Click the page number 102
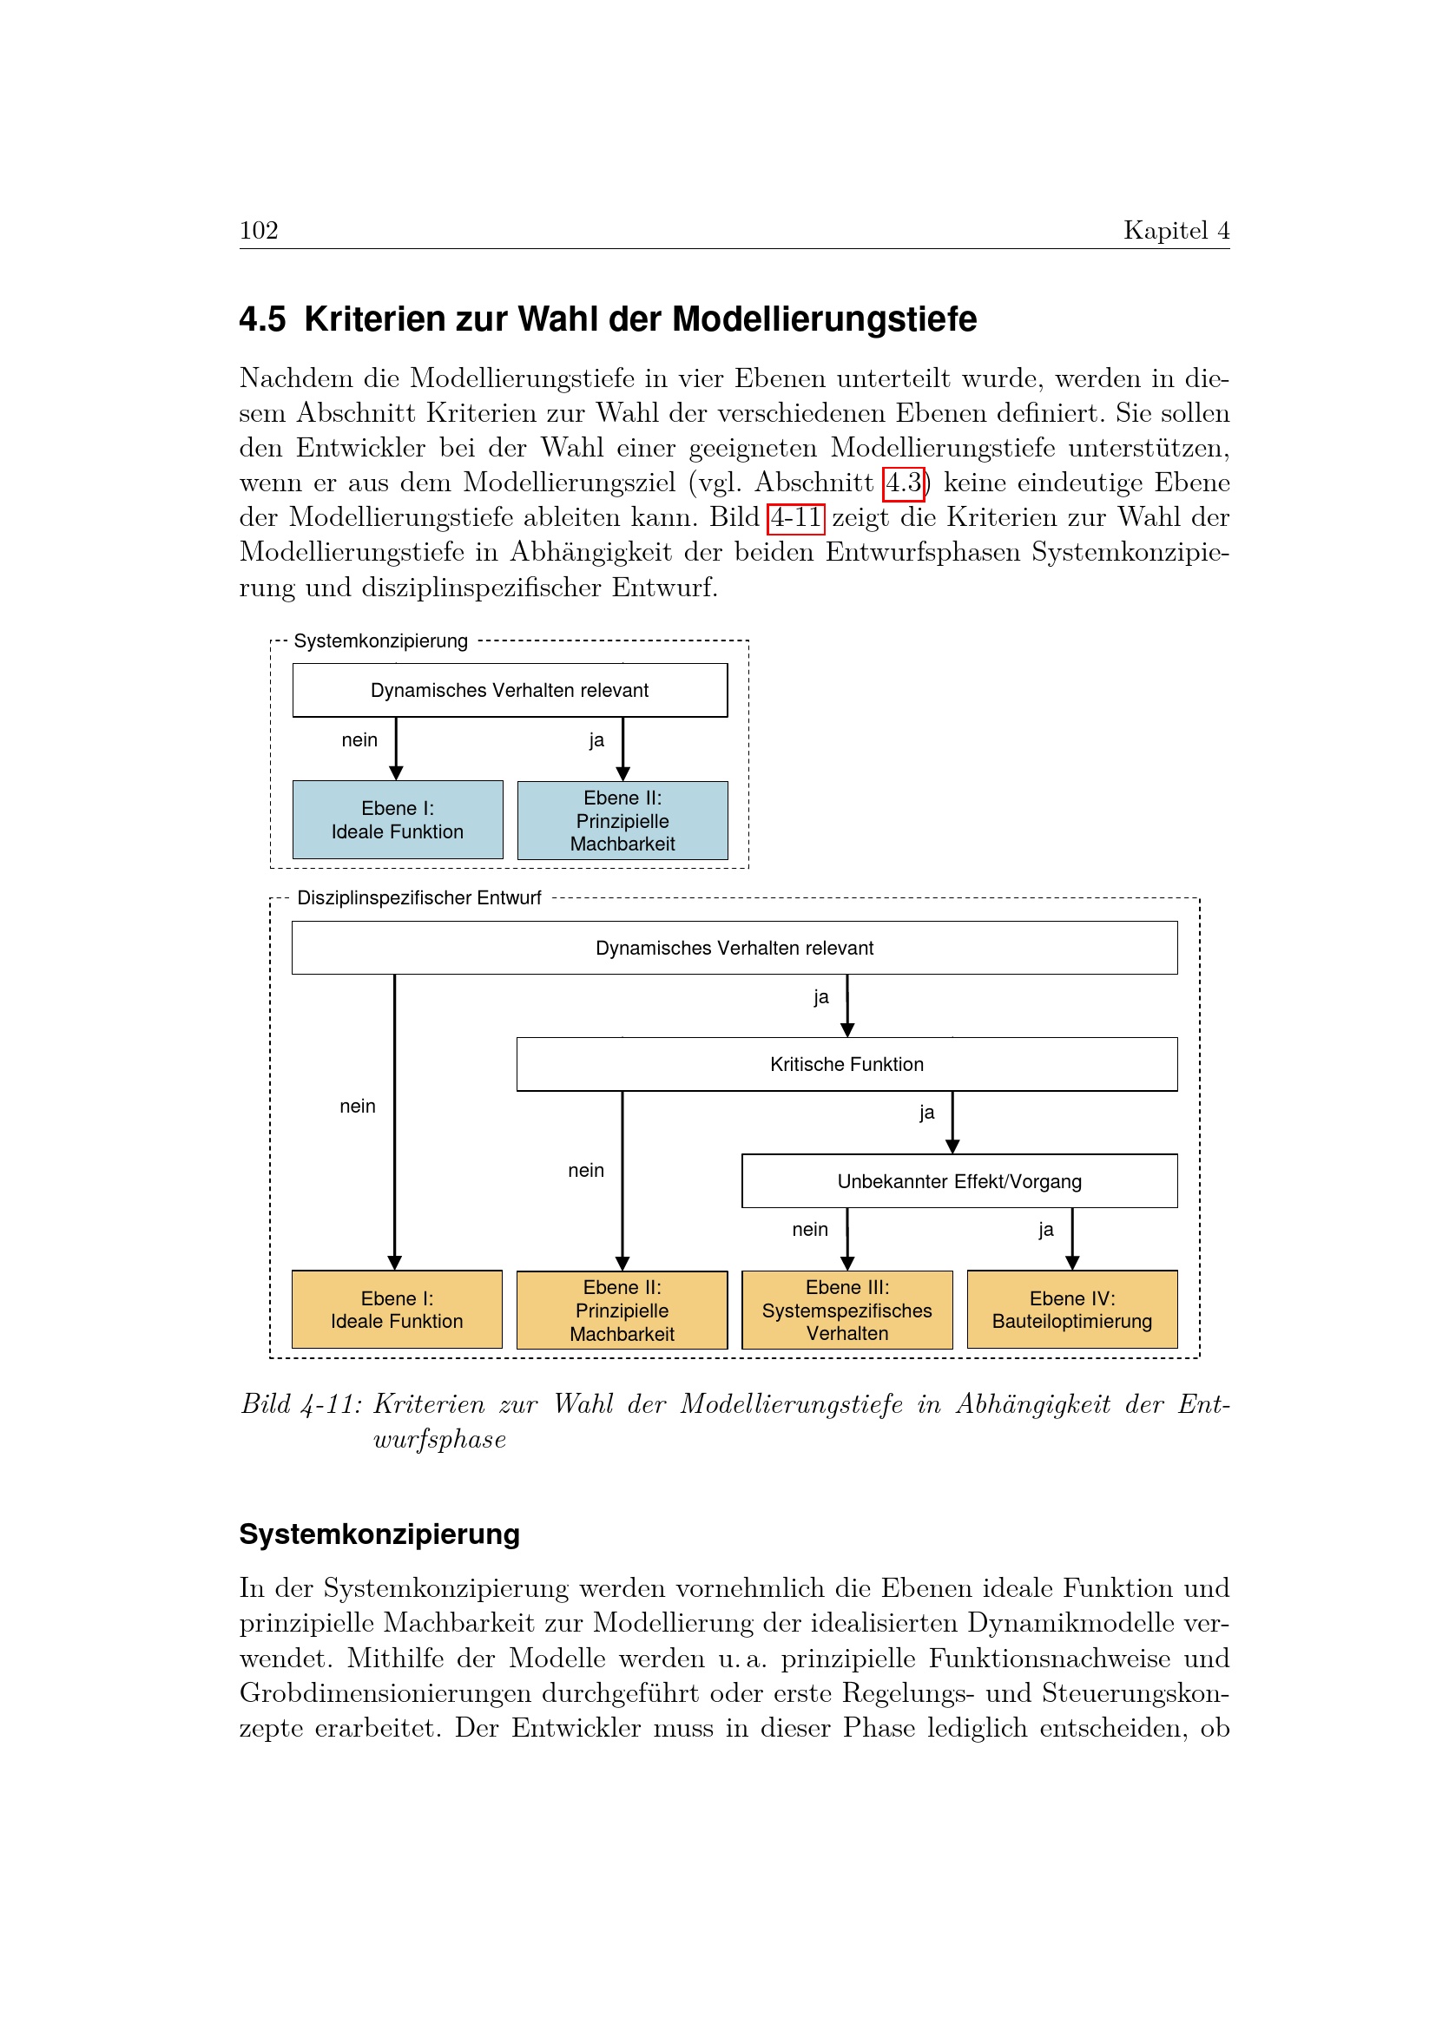point(258,231)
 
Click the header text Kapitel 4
point(1176,231)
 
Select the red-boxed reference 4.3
point(904,483)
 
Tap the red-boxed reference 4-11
point(796,518)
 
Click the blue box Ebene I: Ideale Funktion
point(397,819)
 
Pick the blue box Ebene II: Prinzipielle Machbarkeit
point(622,820)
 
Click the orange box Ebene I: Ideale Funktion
point(397,1310)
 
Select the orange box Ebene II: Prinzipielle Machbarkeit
point(622,1311)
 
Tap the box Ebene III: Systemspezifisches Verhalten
point(847,1311)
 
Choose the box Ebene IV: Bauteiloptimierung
point(1071,1310)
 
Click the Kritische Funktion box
point(846,1065)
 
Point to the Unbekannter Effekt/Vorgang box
point(959,1181)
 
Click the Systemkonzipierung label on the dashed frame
point(380,641)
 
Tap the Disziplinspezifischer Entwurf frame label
point(418,898)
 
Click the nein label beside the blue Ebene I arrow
point(359,740)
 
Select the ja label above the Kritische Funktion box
point(821,997)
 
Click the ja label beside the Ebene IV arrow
point(1046,1230)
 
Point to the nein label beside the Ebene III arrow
point(810,1230)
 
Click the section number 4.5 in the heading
point(262,319)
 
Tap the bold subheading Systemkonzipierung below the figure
point(379,1534)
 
